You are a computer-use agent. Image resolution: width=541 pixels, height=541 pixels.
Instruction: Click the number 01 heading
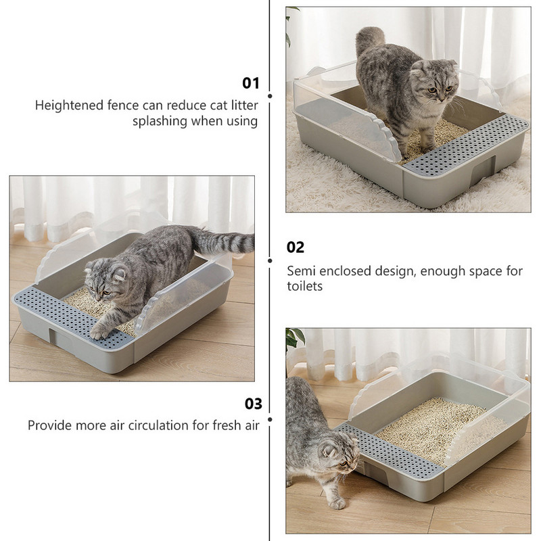(250, 83)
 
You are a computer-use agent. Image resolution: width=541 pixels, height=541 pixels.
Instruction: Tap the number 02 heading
(296, 248)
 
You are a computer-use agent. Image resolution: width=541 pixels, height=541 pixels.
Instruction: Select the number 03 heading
(253, 404)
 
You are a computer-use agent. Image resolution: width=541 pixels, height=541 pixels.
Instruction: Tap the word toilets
(305, 286)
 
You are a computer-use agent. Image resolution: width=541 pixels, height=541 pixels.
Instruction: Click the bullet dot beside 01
(270, 96)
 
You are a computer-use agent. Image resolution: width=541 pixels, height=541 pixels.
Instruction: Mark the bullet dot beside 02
(270, 261)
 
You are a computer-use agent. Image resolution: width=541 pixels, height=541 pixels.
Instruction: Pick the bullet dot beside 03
(270, 419)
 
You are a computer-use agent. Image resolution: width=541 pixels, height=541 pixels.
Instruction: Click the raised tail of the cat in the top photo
(369, 40)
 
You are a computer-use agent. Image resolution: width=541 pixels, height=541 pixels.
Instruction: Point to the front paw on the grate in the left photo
(100, 333)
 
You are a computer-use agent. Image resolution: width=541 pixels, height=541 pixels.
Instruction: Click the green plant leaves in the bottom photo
(293, 338)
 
